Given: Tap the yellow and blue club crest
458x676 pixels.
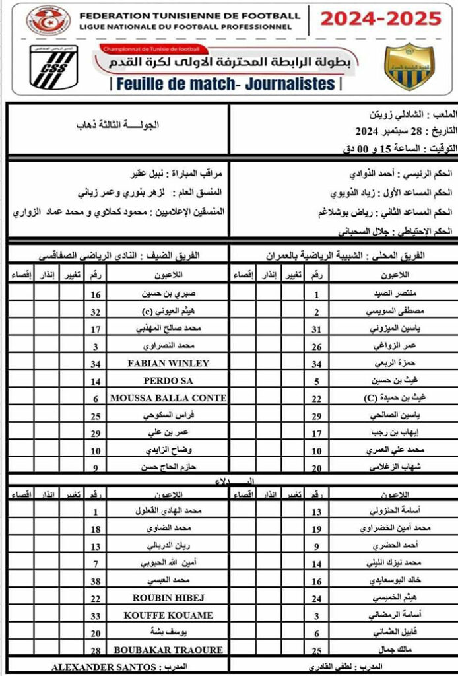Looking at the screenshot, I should pyautogui.click(x=409, y=66).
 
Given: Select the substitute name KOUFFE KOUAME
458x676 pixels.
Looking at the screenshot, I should pyautogui.click(x=168, y=615).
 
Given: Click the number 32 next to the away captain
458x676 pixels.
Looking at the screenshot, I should pyautogui.click(x=96, y=311).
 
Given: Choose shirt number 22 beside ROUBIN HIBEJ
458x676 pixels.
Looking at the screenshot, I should pyautogui.click(x=96, y=597).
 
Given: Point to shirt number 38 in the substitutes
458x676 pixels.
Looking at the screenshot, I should pyautogui.click(x=96, y=581).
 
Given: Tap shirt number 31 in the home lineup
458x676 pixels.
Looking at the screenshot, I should pyautogui.click(x=316, y=329).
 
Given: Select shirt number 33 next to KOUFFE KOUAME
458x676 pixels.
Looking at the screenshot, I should pyautogui.click(x=96, y=615).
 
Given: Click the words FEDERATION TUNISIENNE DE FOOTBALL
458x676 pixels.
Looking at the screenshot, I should pyautogui.click(x=189, y=15).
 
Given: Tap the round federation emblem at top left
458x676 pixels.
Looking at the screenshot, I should pyautogui.click(x=48, y=20).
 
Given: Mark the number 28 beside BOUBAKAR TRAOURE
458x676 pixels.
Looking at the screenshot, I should pyautogui.click(x=96, y=650).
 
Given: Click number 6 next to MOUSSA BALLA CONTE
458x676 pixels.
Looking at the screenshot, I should pyautogui.click(x=96, y=398).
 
